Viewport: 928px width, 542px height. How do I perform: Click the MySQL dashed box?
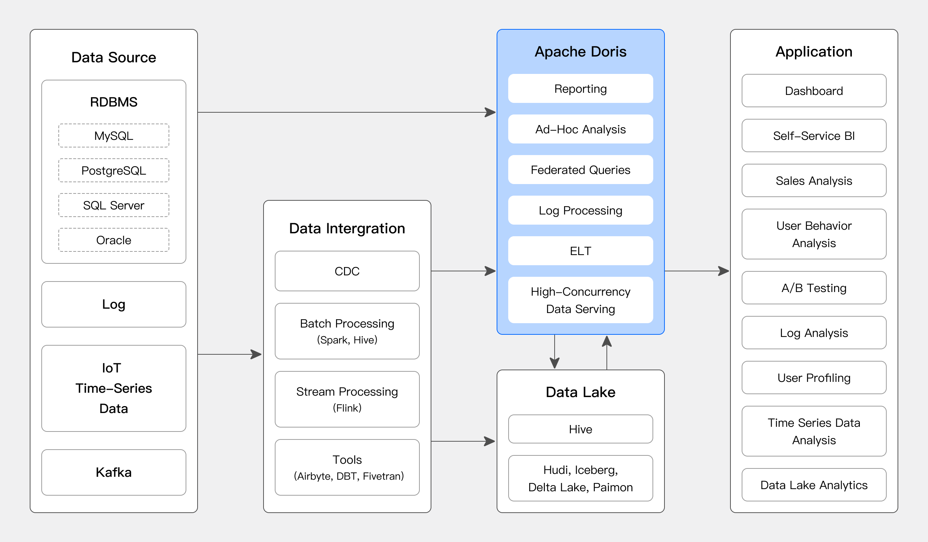click(x=113, y=136)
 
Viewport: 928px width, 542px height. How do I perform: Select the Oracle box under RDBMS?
click(x=113, y=240)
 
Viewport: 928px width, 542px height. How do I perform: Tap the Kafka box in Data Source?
click(x=113, y=472)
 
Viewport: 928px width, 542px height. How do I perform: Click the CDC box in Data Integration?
click(x=347, y=271)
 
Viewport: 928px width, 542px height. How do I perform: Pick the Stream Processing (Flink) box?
click(x=347, y=399)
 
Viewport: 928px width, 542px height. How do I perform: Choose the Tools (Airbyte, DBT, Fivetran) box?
click(x=347, y=467)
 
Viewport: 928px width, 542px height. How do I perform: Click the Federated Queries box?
click(x=580, y=170)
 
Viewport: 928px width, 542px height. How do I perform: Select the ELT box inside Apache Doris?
click(x=580, y=251)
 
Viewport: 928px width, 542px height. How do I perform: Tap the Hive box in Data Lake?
click(x=580, y=429)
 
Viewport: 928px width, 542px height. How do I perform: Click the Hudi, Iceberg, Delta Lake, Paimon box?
click(x=580, y=478)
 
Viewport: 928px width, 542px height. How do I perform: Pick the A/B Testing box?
click(x=814, y=288)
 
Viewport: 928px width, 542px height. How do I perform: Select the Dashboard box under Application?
click(x=814, y=91)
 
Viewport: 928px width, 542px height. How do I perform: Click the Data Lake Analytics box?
click(x=814, y=485)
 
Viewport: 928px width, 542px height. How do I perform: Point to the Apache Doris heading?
click(x=580, y=51)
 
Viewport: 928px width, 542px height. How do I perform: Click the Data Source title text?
click(x=113, y=57)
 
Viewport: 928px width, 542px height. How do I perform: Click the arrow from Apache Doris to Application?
click(x=696, y=271)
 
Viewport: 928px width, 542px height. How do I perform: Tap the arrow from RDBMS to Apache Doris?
click(x=346, y=112)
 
